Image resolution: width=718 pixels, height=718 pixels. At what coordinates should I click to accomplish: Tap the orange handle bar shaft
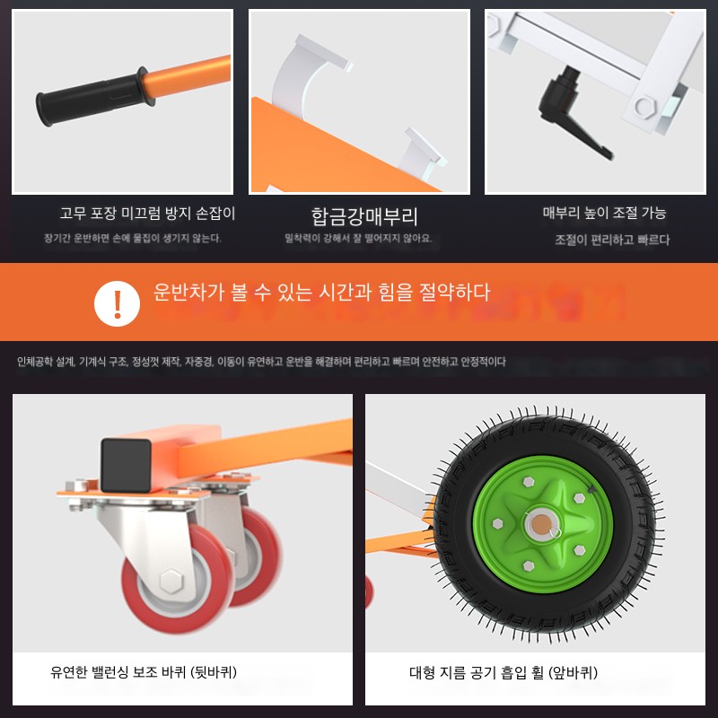[x=188, y=75]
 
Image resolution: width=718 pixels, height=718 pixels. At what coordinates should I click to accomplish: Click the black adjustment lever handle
[x=573, y=115]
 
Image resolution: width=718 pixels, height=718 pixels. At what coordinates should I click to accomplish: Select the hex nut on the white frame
[x=645, y=107]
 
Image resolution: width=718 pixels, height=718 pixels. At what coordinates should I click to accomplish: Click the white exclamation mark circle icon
[x=117, y=303]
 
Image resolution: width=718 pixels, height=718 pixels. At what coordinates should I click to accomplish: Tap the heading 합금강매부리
[x=364, y=216]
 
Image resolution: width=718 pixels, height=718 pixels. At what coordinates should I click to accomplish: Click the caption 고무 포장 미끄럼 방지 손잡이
[x=147, y=214]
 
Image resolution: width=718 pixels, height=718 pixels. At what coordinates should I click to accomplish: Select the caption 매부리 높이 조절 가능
[x=604, y=213]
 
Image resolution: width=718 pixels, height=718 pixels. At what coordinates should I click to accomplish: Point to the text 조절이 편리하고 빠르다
[x=612, y=240]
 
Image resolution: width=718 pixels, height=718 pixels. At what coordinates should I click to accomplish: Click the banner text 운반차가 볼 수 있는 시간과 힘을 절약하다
[x=321, y=293]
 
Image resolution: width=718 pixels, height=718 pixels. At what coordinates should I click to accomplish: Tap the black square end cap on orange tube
[x=126, y=465]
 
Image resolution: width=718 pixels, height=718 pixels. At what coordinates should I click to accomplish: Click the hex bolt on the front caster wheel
[x=171, y=581]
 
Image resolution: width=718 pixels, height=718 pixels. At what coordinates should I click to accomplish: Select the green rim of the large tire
[x=543, y=524]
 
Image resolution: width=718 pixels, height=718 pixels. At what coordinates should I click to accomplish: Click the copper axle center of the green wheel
[x=541, y=524]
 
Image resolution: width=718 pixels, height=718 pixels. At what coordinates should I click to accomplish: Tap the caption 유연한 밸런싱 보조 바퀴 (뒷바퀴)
[x=144, y=672]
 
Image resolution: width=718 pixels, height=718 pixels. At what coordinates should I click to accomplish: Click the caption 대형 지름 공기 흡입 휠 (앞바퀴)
[x=503, y=672]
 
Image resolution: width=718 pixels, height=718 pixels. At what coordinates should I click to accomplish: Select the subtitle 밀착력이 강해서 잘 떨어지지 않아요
[x=358, y=238]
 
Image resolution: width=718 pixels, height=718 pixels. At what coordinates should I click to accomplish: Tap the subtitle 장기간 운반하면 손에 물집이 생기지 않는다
[x=132, y=238]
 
